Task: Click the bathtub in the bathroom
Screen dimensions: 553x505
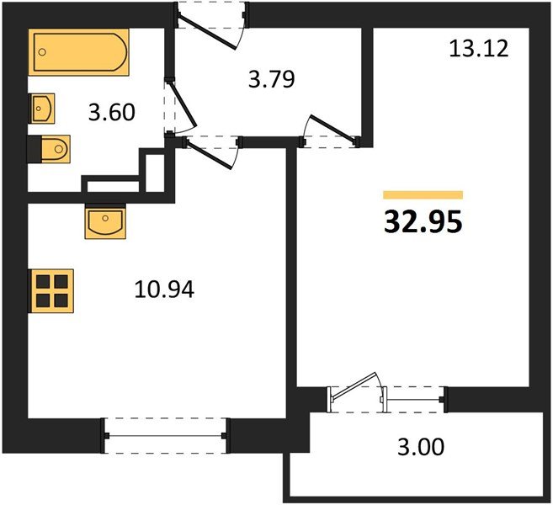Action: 81,52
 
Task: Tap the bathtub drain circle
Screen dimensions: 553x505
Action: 42,52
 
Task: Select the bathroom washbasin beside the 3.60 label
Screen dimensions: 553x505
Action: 43,109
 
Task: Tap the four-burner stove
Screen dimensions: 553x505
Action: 52,291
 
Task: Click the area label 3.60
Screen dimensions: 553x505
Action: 111,112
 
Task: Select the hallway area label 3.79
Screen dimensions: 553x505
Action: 271,79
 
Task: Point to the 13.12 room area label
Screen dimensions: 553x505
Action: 479,48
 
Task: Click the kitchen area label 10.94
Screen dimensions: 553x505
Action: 164,290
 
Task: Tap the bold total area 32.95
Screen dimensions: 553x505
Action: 423,222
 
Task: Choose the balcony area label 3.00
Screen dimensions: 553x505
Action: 421,447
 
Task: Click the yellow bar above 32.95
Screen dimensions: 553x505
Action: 423,194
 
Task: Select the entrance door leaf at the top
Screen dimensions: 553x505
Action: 208,32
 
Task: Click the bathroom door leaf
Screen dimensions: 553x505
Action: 183,104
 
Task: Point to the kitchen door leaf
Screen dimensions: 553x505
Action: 209,155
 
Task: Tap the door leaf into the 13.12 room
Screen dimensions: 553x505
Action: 333,130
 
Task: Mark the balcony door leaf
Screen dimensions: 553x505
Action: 354,386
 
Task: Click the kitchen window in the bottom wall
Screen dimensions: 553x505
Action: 165,435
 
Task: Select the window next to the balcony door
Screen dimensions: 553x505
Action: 415,400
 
